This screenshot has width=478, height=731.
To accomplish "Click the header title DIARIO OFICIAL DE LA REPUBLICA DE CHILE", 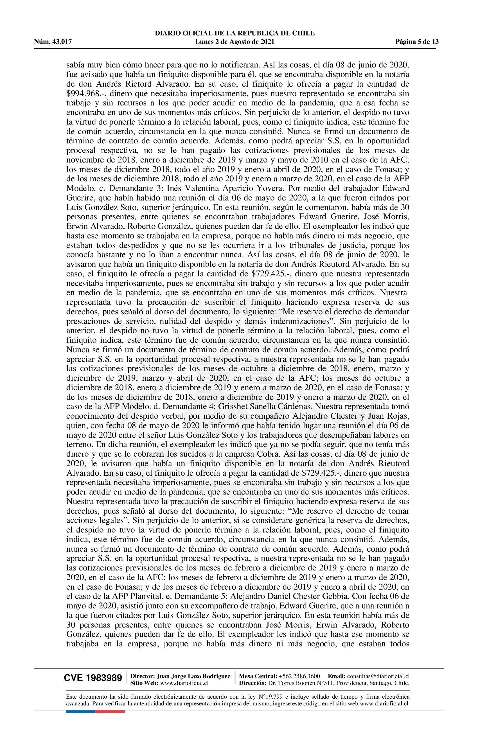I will [235, 33].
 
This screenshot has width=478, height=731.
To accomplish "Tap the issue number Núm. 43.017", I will [53, 42].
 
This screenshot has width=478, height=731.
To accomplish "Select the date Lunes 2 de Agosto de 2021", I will [235, 42].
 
